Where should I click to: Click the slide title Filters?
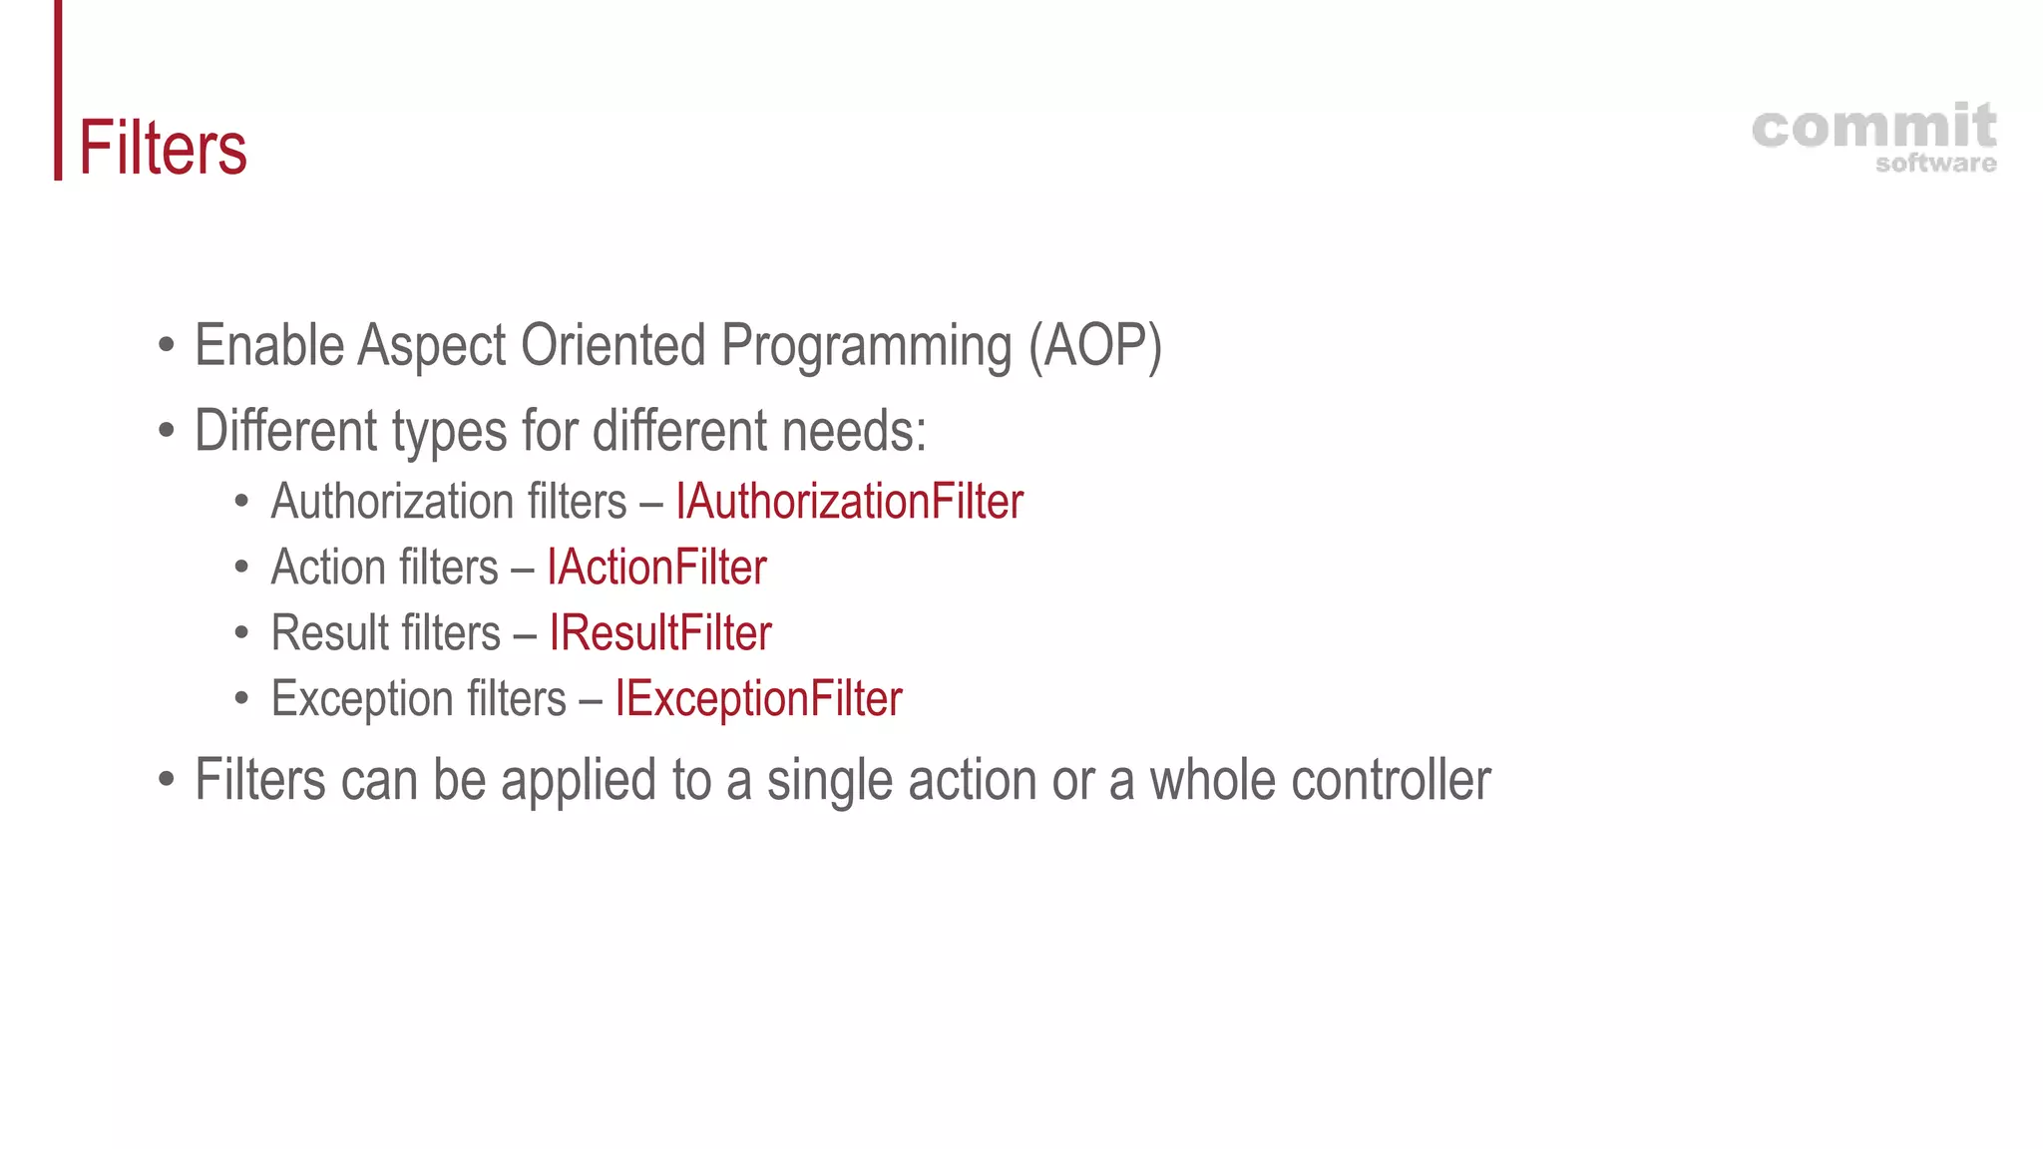tap(163, 148)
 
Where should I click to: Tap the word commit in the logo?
tap(1873, 128)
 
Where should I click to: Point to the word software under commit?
tap(1935, 164)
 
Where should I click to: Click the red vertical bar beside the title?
tap(58, 90)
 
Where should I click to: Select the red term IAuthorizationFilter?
tap(849, 502)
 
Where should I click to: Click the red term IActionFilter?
tap(656, 568)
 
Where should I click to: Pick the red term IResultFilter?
tap(660, 633)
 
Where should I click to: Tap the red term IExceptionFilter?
tap(758, 699)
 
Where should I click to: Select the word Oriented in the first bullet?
tap(613, 345)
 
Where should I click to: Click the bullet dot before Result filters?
tap(241, 633)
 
